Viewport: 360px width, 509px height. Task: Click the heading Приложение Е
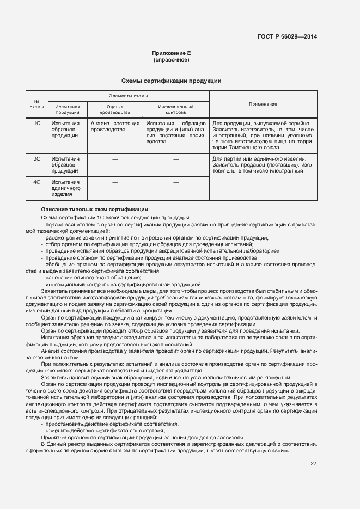click(171, 53)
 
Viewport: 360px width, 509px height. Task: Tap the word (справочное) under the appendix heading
click(171, 60)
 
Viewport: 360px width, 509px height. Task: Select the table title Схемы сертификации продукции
click(171, 81)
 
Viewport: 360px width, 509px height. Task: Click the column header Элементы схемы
click(129, 95)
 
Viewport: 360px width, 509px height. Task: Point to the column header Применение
click(263, 103)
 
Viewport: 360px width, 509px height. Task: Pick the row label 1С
click(37, 124)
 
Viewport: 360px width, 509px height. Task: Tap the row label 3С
click(37, 159)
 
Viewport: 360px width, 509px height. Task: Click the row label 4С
click(37, 182)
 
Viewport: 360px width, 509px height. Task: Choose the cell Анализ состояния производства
click(115, 127)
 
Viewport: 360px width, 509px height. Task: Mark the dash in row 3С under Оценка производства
click(115, 159)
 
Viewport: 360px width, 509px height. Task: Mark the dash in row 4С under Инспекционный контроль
click(176, 182)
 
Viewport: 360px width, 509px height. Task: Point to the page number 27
click(313, 463)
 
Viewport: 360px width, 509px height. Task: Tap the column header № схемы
click(37, 103)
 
